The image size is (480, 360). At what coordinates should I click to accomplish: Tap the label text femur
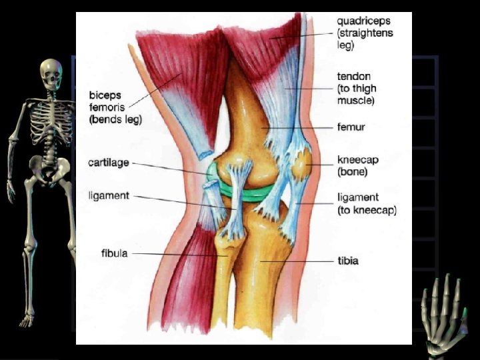point(351,127)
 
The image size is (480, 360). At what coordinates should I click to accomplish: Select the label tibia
point(348,261)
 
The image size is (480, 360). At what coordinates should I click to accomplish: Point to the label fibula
point(115,253)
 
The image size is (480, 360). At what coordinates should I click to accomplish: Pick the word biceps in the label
point(105,95)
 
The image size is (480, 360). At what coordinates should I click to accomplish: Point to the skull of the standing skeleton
point(51,72)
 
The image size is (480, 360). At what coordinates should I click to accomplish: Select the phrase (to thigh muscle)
point(357,95)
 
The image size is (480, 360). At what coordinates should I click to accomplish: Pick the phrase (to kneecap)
point(367,211)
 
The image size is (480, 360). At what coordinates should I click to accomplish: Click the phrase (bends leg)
point(115,119)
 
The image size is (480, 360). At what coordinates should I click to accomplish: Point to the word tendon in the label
point(353,77)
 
